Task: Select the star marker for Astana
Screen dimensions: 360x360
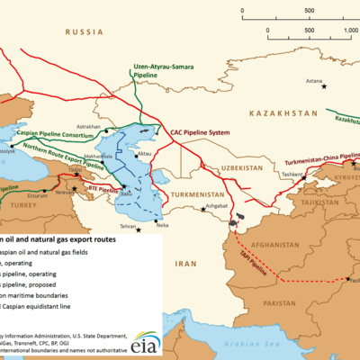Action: click(x=324, y=85)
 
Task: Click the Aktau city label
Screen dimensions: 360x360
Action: click(x=147, y=155)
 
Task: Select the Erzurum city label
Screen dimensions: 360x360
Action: click(x=38, y=192)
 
